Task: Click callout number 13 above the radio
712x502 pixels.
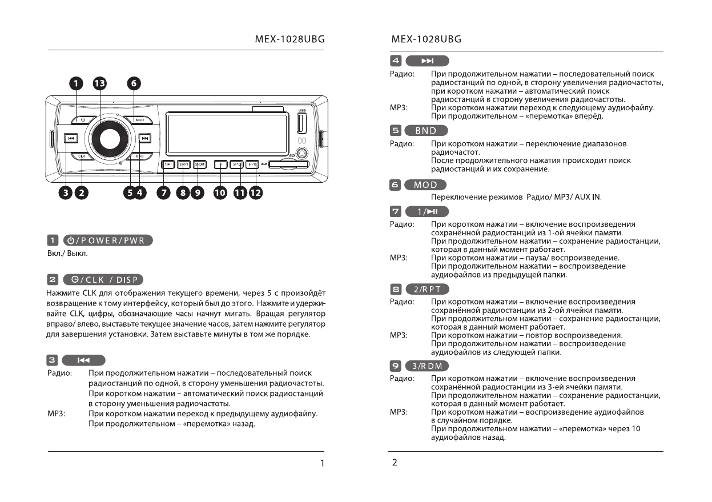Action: point(99,83)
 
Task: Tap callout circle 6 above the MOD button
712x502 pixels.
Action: point(134,83)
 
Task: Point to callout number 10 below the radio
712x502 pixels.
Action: point(219,193)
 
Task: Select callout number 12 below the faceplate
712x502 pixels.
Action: point(255,193)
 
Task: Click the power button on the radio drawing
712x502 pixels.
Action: point(83,120)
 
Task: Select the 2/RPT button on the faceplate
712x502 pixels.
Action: point(183,165)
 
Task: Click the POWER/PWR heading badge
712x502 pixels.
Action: point(108,240)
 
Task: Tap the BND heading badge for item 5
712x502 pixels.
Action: point(425,131)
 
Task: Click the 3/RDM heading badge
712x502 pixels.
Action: point(427,366)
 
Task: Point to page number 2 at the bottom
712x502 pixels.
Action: point(395,463)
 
